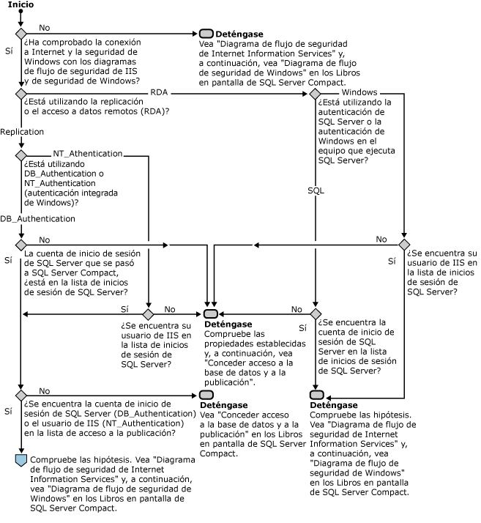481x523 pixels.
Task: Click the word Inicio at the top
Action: (x=20, y=5)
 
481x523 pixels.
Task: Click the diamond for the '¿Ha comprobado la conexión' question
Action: (x=20, y=34)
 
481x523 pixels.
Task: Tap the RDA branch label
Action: (x=160, y=92)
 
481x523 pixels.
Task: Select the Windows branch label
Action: (x=359, y=92)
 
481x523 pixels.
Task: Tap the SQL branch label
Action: (x=315, y=190)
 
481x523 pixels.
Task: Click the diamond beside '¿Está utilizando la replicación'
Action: (x=20, y=94)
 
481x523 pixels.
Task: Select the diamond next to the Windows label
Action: (x=315, y=94)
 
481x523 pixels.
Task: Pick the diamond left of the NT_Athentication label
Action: (x=20, y=155)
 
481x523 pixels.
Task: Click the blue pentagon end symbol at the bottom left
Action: (x=20, y=459)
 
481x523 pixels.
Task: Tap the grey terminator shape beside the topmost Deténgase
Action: (x=206, y=34)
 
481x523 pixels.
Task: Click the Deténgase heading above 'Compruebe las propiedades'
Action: (x=228, y=324)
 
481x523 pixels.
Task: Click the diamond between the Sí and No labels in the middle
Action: (x=148, y=314)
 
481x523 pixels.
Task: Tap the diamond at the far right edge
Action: (x=403, y=244)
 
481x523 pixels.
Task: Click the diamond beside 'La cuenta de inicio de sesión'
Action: (x=20, y=244)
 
